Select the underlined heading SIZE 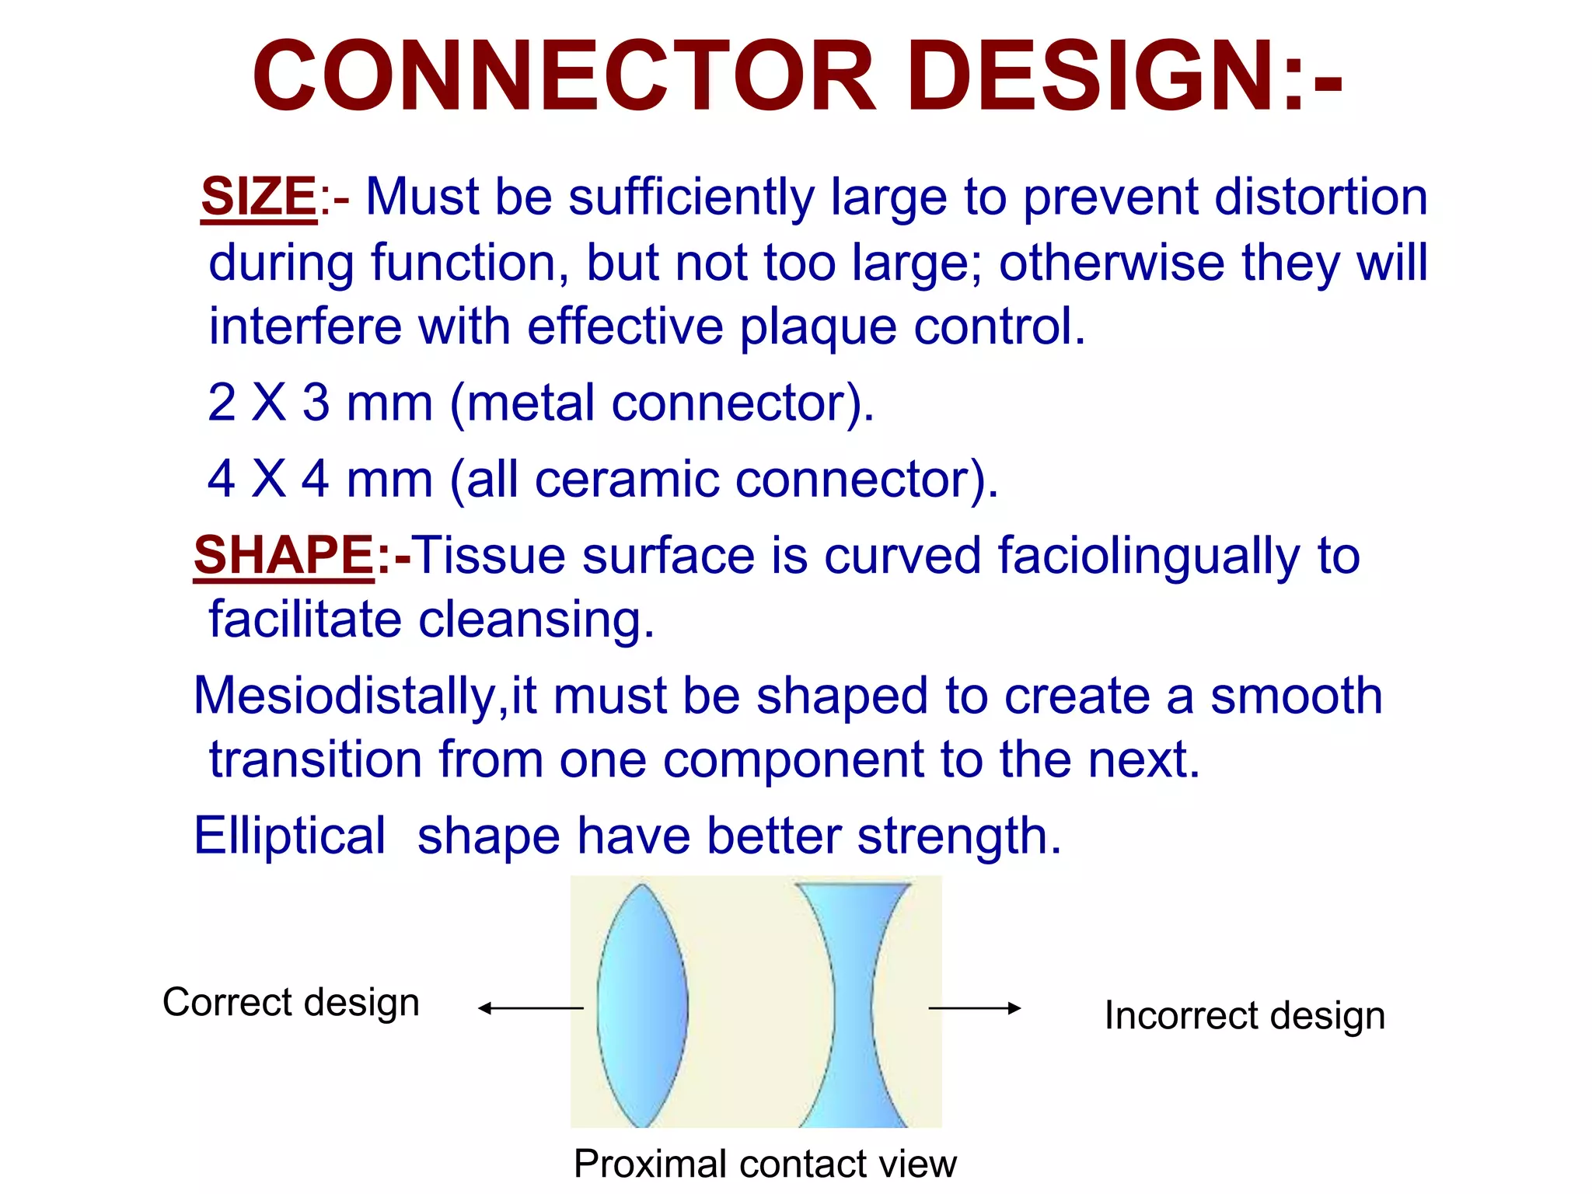point(258,197)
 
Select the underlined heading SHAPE point(284,556)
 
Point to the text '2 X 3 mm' point(319,403)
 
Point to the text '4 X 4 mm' point(319,479)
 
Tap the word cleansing point(536,620)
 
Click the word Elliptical point(289,836)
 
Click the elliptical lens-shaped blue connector point(643,1005)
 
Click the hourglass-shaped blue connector point(853,1005)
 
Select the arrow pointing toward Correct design point(530,1008)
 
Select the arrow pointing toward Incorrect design point(975,1008)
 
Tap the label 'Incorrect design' point(1245,1016)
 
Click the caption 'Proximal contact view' point(765,1164)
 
